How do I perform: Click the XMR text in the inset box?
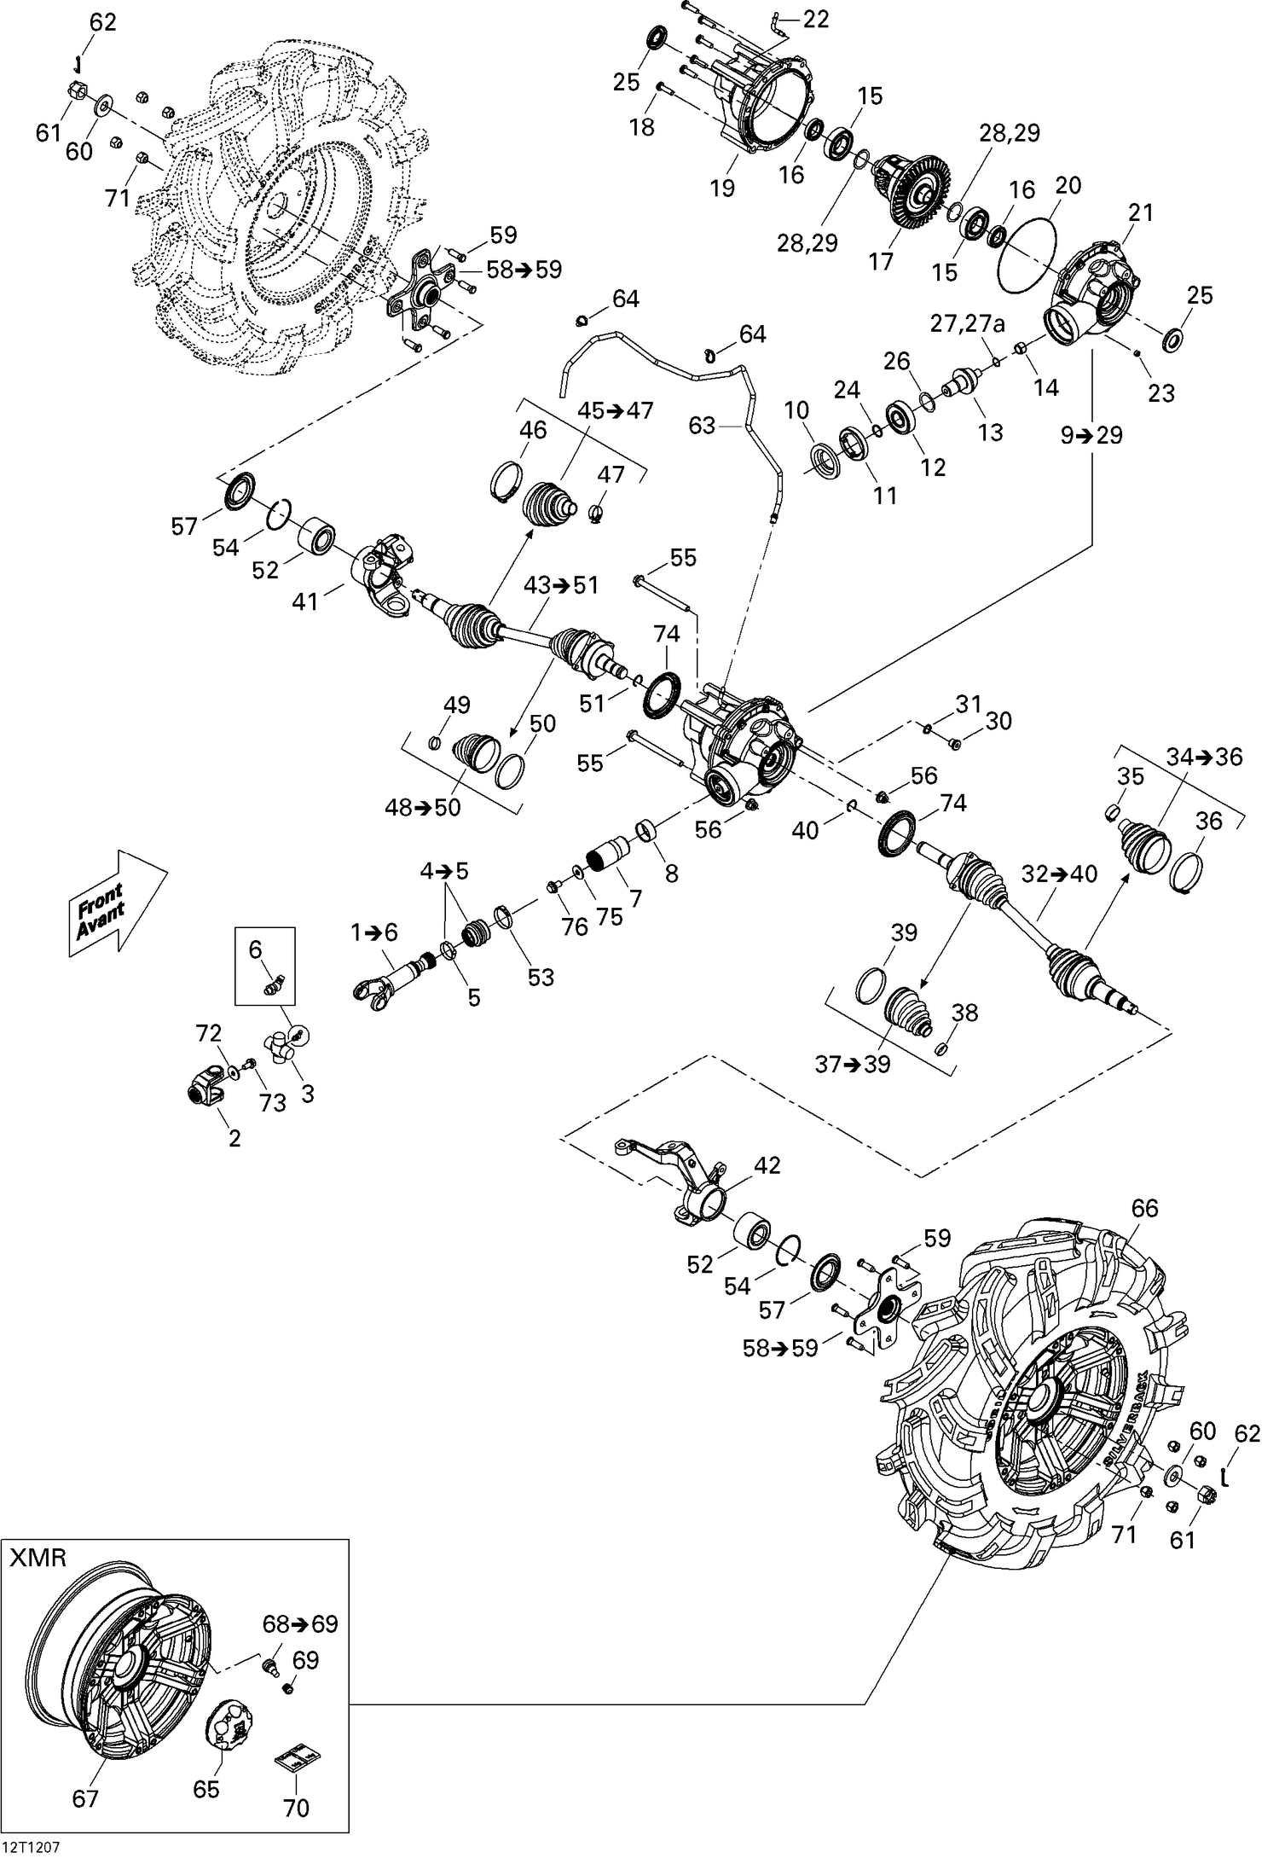[x=38, y=1559]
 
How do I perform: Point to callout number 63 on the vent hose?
[x=702, y=425]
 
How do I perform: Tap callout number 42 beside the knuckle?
[x=767, y=1165]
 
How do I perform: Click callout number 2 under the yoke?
[x=234, y=1138]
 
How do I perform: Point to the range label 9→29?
[x=1091, y=435]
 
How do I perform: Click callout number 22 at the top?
[x=816, y=19]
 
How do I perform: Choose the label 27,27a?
[x=967, y=323]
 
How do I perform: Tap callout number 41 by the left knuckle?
[x=304, y=601]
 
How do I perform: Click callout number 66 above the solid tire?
[x=1144, y=1208]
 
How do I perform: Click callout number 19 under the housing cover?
[x=722, y=188]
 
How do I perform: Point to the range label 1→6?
[x=373, y=932]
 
